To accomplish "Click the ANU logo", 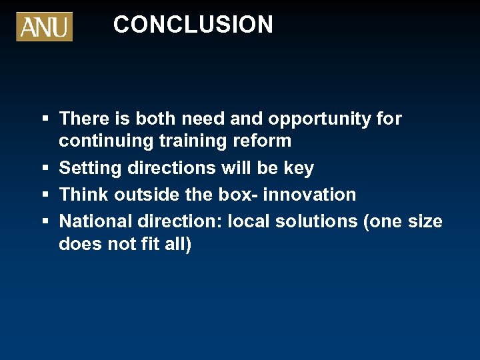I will coord(44,27).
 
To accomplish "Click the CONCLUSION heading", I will coord(193,25).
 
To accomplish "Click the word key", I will coord(299,168).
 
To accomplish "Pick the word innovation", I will coord(310,195).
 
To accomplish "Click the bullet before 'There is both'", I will coord(45,119).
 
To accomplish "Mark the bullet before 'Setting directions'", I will coord(45,168).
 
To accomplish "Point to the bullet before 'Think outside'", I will coord(45,195).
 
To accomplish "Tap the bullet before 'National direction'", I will coord(45,221).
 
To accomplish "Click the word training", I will coord(198,141).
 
